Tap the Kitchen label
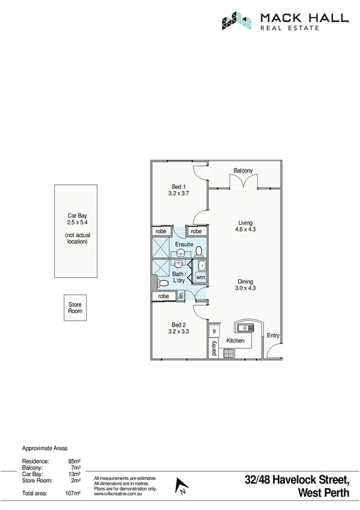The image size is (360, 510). click(x=235, y=341)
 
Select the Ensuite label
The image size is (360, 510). click(x=184, y=245)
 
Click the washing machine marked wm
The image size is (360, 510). click(x=200, y=277)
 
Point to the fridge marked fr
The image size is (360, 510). click(x=214, y=331)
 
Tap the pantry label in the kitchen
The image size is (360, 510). click(x=214, y=348)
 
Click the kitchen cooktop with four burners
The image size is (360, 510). click(x=229, y=354)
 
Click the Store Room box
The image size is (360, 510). click(x=75, y=309)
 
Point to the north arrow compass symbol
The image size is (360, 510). click(x=178, y=485)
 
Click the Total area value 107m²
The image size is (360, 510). click(x=73, y=494)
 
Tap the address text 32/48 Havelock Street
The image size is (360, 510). click(x=297, y=480)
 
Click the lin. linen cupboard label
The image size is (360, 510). click(x=180, y=295)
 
